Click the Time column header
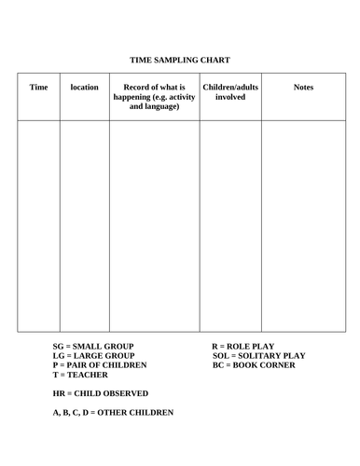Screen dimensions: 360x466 [38, 88]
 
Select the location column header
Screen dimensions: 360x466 [84, 88]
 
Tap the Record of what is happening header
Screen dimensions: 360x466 [154, 97]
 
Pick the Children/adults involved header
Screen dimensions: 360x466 [229, 91]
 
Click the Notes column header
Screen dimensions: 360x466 [303, 88]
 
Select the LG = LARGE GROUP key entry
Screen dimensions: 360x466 [93, 356]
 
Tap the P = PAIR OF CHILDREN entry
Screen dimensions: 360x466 [102, 365]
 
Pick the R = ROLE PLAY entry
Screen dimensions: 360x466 [242, 346]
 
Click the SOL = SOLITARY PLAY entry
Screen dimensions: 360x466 [258, 356]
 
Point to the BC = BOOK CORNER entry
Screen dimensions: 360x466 [253, 365]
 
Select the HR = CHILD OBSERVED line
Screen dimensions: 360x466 [101, 393]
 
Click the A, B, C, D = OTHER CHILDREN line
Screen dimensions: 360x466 [113, 412]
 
